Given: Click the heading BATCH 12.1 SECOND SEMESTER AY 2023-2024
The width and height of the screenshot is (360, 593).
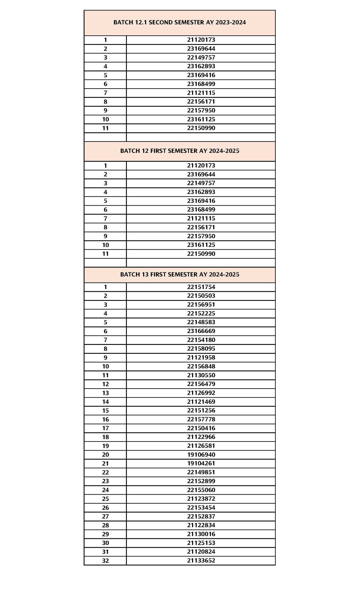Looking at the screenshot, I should pyautogui.click(x=180, y=22).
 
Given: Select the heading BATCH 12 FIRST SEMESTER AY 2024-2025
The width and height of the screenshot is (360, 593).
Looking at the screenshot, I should pyautogui.click(x=180, y=151).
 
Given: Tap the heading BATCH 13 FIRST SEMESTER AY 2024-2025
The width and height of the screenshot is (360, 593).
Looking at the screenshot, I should pyautogui.click(x=180, y=274).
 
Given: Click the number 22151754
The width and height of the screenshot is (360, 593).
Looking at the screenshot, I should pyautogui.click(x=201, y=287).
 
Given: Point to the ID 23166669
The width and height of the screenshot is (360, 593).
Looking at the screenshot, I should pyautogui.click(x=201, y=331).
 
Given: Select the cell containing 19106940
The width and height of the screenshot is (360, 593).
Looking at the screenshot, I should pyautogui.click(x=201, y=455).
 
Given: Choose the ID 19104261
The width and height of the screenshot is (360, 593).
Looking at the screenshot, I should pyautogui.click(x=201, y=463).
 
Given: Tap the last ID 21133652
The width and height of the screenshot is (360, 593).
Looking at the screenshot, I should pyautogui.click(x=201, y=561).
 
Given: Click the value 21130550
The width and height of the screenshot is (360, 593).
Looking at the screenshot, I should pyautogui.click(x=201, y=375).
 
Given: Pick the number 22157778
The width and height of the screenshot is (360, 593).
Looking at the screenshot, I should pyautogui.click(x=201, y=419).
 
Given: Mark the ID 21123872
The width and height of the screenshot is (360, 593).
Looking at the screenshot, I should pyautogui.click(x=201, y=499).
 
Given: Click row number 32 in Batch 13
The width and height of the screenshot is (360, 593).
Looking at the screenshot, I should pyautogui.click(x=105, y=561).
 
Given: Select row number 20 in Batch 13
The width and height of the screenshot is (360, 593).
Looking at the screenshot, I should pyautogui.click(x=105, y=455).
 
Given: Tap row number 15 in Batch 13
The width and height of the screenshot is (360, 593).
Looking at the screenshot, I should pyautogui.click(x=105, y=411).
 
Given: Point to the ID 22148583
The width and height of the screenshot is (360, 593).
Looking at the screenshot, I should pyautogui.click(x=201, y=322).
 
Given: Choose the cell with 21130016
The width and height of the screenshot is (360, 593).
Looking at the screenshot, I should pyautogui.click(x=201, y=534).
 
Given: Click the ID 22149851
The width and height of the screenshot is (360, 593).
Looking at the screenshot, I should pyautogui.click(x=201, y=472).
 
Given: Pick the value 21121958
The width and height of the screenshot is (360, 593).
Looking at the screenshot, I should pyautogui.click(x=201, y=358).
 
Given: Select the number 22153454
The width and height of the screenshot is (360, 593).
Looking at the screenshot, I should pyautogui.click(x=201, y=508).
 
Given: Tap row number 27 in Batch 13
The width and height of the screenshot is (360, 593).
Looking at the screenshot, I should pyautogui.click(x=105, y=516).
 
